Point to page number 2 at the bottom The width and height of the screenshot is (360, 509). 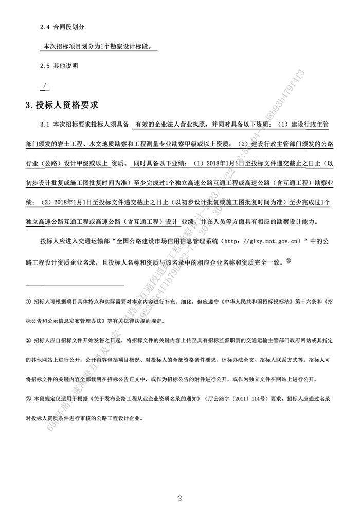coord(180,497)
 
